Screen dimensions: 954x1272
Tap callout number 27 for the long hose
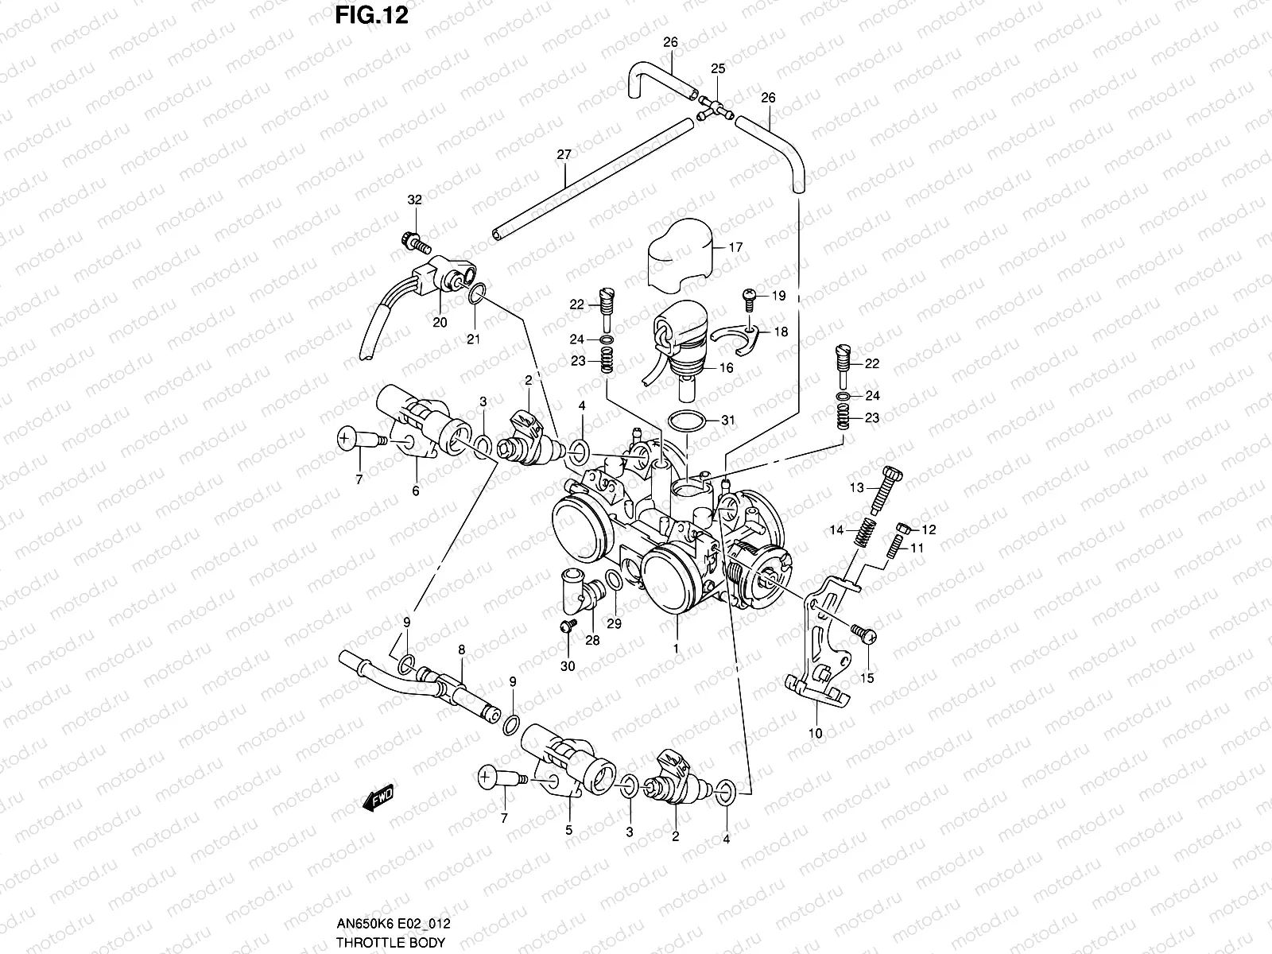[x=564, y=154]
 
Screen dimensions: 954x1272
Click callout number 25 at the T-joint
[x=717, y=70]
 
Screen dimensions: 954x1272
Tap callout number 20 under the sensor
[x=440, y=322]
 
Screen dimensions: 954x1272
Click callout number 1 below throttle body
[x=676, y=649]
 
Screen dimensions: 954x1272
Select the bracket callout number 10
[x=815, y=733]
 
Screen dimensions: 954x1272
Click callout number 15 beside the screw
[x=867, y=678]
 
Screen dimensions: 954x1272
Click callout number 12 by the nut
[x=929, y=529]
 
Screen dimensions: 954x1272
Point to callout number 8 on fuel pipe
[x=461, y=649]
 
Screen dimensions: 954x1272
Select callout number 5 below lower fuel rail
[x=568, y=829]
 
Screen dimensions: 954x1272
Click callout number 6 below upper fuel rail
[x=415, y=491]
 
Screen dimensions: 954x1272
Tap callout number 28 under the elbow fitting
[x=591, y=641]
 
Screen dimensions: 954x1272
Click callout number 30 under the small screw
[x=568, y=666]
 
